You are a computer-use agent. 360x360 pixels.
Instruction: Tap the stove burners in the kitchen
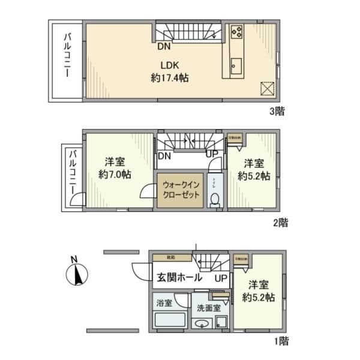(236, 32)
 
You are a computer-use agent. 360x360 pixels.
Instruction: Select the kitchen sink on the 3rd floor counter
(235, 64)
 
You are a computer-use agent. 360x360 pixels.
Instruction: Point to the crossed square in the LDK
(266, 88)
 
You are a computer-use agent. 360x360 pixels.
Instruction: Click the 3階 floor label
(277, 110)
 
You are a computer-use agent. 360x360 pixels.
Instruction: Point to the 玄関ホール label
(179, 278)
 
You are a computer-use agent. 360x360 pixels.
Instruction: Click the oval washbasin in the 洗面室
(202, 324)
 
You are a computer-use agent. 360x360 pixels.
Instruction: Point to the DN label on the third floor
(164, 46)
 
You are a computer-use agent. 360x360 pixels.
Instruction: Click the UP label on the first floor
(220, 279)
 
